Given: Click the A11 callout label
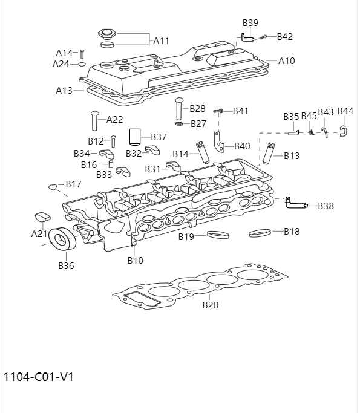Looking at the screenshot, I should (x=161, y=41).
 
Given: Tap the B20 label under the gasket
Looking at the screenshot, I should (x=210, y=305).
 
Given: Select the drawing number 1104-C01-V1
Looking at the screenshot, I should (x=39, y=377).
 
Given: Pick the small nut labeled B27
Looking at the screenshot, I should (x=180, y=124).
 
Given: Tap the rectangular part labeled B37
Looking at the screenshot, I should (x=136, y=137).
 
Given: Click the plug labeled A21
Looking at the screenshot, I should (x=42, y=217).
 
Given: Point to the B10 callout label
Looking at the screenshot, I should (x=135, y=261).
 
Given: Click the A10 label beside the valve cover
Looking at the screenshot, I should (x=287, y=61).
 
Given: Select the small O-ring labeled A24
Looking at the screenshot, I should (x=82, y=63).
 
